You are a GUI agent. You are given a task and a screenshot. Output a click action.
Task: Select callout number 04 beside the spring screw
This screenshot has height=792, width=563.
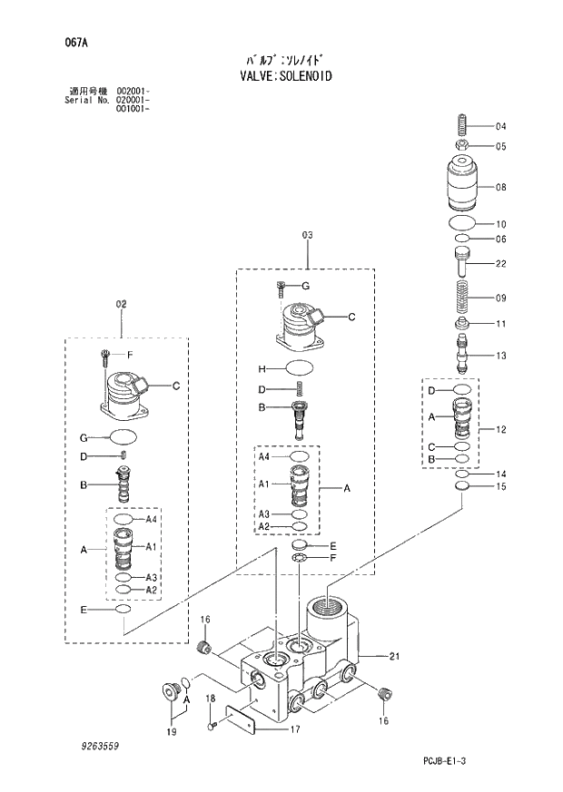500,126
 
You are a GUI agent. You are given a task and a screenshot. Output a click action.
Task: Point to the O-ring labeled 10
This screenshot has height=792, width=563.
462,223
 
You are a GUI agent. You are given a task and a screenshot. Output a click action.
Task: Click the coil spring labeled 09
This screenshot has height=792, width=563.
462,298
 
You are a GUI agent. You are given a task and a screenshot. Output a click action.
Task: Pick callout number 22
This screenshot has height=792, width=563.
500,264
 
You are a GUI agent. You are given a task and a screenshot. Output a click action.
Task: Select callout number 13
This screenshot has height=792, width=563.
500,356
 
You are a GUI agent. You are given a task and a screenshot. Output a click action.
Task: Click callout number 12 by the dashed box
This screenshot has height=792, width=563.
500,428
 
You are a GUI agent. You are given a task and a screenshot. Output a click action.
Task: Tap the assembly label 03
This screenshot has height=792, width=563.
307,235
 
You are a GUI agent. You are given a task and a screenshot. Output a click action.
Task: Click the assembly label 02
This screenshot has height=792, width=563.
121,304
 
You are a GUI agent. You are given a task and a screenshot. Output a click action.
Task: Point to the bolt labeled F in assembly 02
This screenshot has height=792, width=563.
106,356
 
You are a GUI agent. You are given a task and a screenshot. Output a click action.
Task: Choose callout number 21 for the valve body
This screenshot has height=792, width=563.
394,656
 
